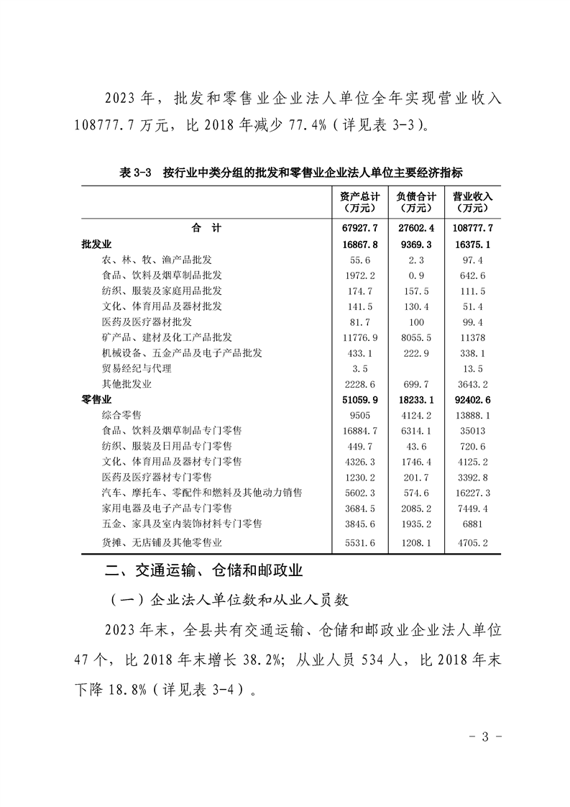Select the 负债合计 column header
[x=416, y=201]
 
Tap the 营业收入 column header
[x=472, y=201]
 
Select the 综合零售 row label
[x=121, y=415]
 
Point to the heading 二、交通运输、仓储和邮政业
[x=203, y=571]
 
